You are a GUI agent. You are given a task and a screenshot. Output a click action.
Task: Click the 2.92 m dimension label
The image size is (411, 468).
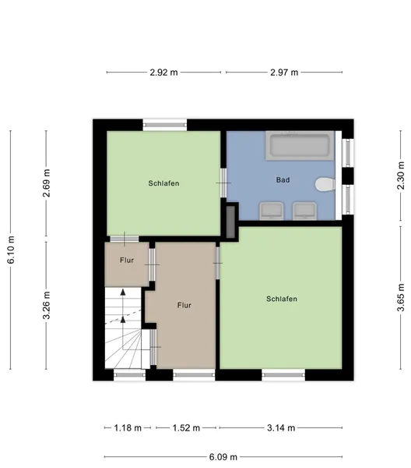point(163,73)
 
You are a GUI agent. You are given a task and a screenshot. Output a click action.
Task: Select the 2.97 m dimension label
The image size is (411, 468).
point(284,73)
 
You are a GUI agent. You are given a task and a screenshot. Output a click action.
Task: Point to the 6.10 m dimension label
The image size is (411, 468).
point(11,250)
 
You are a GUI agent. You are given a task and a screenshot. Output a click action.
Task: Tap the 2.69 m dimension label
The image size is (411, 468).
point(47,183)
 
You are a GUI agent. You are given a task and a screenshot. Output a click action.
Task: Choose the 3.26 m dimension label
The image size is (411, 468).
point(47,305)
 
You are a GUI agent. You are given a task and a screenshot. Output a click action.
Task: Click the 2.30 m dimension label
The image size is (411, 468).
point(401,175)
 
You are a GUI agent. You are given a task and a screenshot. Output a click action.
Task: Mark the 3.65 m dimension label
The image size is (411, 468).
point(401,297)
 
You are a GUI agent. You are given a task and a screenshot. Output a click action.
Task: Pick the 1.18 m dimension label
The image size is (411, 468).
point(128,428)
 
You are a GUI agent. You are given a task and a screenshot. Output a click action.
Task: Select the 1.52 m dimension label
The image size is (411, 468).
point(186,428)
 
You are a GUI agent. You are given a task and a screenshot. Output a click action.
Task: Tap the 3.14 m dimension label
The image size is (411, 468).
point(281,428)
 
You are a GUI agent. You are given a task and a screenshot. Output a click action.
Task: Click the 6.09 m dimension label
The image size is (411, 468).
point(223,457)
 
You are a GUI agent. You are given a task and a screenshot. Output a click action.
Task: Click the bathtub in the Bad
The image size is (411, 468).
point(300,145)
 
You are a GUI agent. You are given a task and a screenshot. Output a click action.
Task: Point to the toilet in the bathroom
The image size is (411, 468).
point(325,184)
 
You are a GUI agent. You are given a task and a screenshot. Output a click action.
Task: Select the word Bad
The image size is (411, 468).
point(283,180)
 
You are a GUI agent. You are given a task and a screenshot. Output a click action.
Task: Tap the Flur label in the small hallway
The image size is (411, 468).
point(127,261)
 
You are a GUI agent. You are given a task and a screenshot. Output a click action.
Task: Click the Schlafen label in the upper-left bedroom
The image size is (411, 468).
point(163,183)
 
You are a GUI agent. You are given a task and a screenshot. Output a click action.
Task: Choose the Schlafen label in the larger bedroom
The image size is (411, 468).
point(282,299)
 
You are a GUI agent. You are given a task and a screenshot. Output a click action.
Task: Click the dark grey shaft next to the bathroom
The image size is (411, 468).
point(230,222)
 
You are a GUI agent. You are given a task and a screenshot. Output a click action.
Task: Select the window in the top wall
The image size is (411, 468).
point(165,125)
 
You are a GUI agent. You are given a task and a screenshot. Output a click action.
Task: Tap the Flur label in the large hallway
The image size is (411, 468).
point(184,305)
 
